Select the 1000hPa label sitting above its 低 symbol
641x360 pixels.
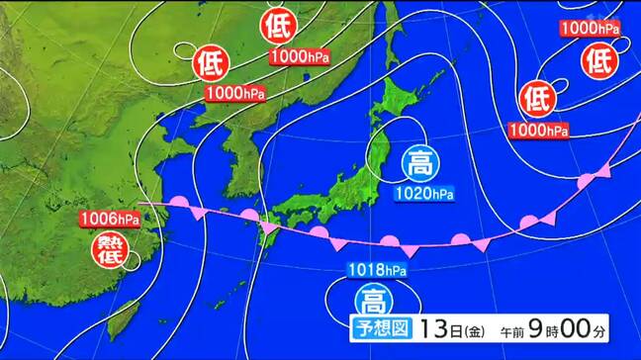coord(589,29)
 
